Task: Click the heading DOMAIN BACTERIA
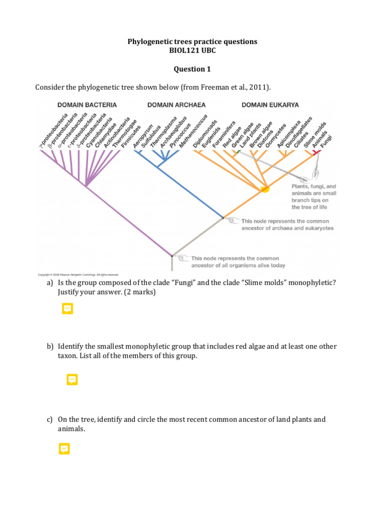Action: pos(87,105)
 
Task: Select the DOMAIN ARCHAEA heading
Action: pos(176,105)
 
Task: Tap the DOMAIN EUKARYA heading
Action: pos(270,105)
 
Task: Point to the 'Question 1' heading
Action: pos(192,69)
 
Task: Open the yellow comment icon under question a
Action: pos(68,309)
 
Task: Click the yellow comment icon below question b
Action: pos(72,380)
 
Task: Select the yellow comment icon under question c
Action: pos(64,449)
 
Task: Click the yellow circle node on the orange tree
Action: pos(264,188)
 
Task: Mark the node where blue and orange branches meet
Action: pos(223,218)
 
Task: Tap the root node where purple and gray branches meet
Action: pos(172,255)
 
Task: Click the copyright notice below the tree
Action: pos(78,275)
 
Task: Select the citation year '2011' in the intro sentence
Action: pos(259,88)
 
